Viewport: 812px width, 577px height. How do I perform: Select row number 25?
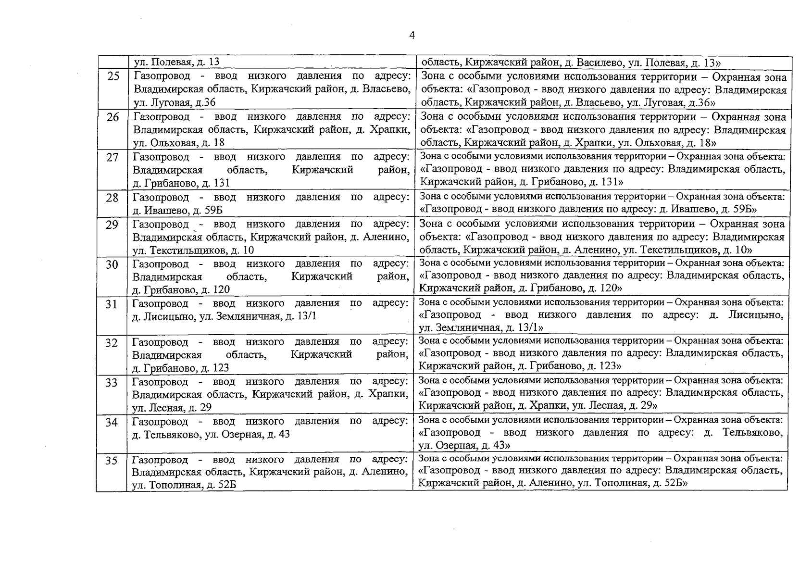click(113, 76)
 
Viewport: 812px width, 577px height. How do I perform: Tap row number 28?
click(112, 198)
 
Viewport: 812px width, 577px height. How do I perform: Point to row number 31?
click(112, 304)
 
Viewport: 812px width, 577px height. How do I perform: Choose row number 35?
click(112, 460)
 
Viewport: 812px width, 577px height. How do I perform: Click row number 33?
click(112, 382)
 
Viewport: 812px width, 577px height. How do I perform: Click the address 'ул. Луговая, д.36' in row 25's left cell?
click(175, 102)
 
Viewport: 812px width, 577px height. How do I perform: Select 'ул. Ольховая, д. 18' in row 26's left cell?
click(179, 143)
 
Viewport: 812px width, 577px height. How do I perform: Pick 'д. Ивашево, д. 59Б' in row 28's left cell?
click(177, 210)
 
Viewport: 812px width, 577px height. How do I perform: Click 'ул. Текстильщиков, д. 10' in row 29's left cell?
click(193, 250)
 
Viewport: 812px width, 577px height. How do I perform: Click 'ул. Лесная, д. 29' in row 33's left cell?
click(172, 408)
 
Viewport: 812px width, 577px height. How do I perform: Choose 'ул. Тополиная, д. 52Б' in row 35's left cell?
click(184, 485)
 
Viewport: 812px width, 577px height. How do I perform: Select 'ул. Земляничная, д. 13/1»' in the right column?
click(481, 327)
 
